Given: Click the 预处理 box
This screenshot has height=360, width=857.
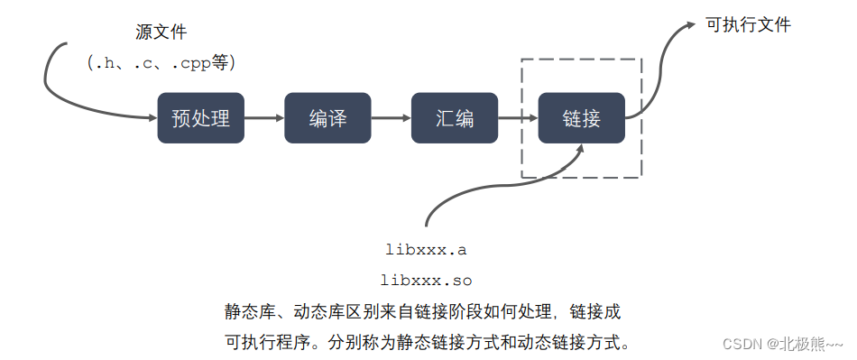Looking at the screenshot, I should click(200, 117).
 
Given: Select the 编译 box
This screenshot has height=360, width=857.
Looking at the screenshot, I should click(327, 117).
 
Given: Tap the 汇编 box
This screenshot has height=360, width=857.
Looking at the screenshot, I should click(454, 117).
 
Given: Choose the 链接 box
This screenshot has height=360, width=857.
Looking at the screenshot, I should click(581, 117).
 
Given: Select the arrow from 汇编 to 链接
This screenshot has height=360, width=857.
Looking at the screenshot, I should click(517, 117).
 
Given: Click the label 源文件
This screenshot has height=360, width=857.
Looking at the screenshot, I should click(161, 32).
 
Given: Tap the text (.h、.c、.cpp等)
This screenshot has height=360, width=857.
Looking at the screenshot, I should click(161, 63).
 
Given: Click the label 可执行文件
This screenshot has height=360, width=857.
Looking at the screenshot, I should click(748, 25).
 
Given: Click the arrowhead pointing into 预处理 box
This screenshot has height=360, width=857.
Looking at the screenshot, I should click(150, 117).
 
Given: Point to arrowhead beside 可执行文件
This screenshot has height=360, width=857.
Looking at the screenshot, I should click(690, 27).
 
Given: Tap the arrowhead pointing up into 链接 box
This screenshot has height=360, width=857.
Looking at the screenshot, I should click(578, 149).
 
